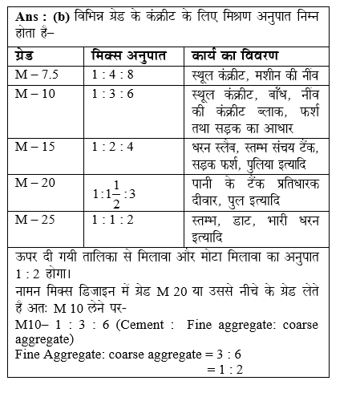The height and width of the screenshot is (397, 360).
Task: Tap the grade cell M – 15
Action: (33, 147)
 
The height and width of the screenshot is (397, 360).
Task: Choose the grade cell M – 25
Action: (33, 219)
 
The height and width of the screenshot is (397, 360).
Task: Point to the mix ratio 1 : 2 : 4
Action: (116, 147)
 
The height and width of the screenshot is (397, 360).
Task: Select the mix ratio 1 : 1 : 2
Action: (116, 219)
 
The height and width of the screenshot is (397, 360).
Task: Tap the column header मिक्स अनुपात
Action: (127, 56)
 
